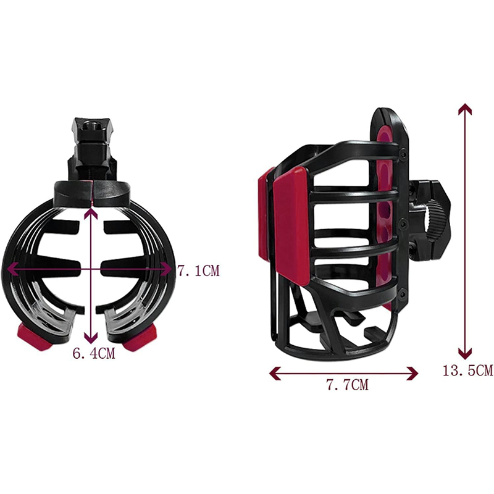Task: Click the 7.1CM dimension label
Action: click(x=198, y=270)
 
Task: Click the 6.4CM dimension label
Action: click(x=94, y=353)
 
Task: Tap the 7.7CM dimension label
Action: click(x=347, y=385)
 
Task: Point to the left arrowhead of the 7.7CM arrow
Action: click(x=275, y=374)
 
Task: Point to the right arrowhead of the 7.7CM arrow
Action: click(x=412, y=374)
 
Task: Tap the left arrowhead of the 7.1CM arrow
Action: click(x=12, y=269)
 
